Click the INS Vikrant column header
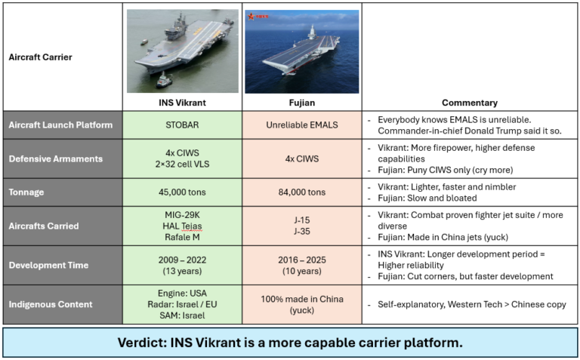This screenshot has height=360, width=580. (182, 103)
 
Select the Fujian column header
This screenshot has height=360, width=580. (302, 103)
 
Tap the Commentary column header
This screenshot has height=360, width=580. (469, 103)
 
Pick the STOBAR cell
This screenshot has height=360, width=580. (182, 124)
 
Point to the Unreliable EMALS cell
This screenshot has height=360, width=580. (302, 124)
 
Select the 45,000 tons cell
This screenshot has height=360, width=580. (182, 192)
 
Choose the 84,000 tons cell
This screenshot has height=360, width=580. (302, 192)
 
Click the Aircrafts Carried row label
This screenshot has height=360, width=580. (44, 226)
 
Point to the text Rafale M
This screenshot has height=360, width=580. (182, 237)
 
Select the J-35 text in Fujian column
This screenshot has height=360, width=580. (302, 231)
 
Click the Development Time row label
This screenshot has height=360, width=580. (48, 265)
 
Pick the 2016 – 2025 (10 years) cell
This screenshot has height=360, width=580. (302, 265)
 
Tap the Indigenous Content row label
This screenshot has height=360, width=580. (50, 304)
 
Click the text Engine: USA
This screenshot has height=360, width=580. (182, 293)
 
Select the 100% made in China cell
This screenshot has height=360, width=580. (302, 300)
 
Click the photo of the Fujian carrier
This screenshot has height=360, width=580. (302, 51)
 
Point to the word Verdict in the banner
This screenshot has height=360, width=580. (144, 343)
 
